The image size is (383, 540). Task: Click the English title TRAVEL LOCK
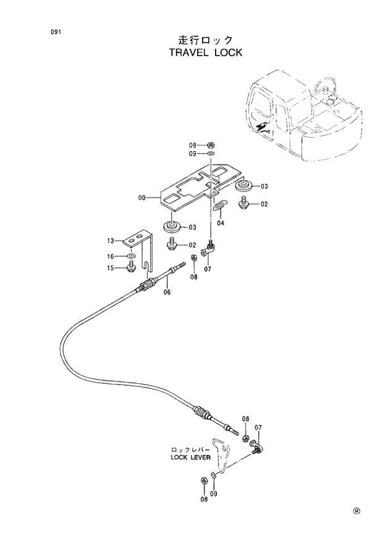(x=205, y=52)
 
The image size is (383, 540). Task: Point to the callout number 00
(x=142, y=198)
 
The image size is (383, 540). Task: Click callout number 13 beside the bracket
(x=111, y=240)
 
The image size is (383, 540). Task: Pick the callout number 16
(x=111, y=255)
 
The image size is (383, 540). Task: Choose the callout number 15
(x=111, y=268)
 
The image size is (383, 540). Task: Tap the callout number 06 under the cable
(x=167, y=293)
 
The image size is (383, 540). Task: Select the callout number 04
(x=221, y=223)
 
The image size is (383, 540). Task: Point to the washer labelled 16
(x=132, y=255)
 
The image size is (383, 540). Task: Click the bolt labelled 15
(x=132, y=267)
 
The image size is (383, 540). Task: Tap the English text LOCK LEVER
(x=191, y=457)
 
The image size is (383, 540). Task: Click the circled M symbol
(x=357, y=511)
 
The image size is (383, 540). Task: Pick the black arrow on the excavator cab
(x=262, y=127)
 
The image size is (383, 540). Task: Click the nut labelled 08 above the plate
(x=211, y=145)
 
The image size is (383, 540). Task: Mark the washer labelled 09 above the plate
(x=211, y=154)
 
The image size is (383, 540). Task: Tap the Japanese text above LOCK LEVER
(x=191, y=450)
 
